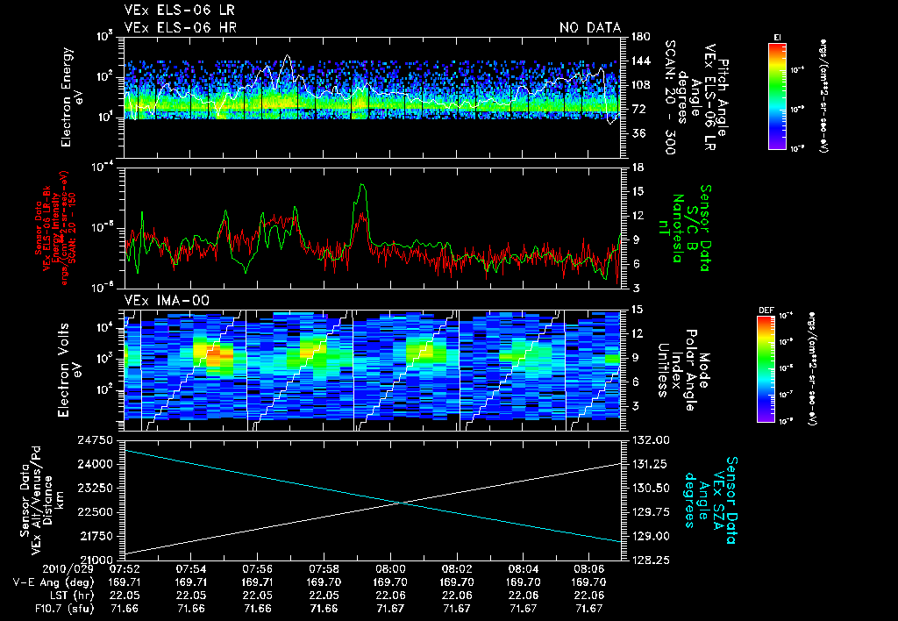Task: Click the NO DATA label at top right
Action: [x=589, y=28]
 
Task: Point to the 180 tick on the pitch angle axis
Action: [x=638, y=37]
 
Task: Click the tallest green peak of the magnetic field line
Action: [x=362, y=186]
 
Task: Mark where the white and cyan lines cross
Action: [x=402, y=503]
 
